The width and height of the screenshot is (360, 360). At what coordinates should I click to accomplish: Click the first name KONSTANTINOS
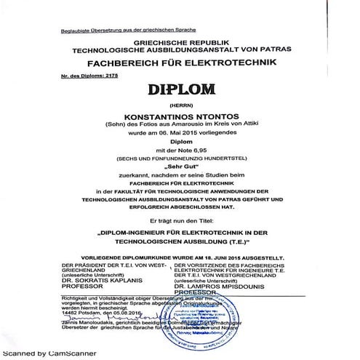(152, 117)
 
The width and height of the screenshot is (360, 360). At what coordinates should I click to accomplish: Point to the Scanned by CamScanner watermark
(42, 352)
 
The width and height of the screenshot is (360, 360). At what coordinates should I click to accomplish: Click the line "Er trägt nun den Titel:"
(179, 217)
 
